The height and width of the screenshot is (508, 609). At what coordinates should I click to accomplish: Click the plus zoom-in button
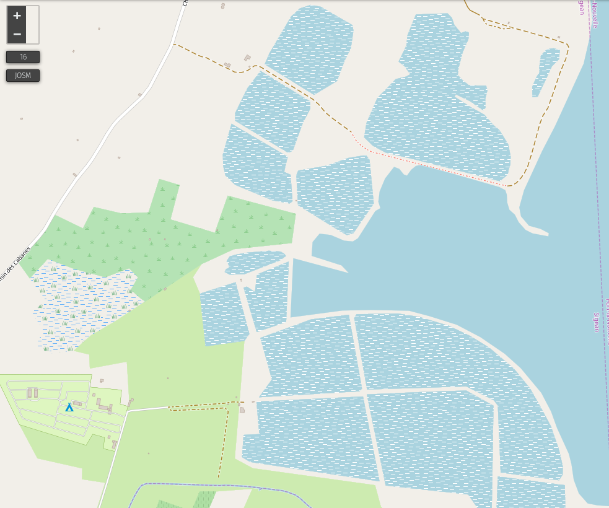point(17,15)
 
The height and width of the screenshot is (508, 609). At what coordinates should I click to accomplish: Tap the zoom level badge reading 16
point(23,57)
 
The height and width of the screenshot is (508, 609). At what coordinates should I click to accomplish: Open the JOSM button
point(23,76)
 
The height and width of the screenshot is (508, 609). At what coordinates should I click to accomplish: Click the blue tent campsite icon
point(69,407)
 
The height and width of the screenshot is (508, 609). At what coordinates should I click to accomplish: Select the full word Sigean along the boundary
point(597,322)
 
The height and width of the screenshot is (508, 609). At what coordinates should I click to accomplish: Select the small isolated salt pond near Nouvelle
point(545,71)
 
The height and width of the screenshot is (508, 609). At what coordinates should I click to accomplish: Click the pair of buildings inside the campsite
point(32,393)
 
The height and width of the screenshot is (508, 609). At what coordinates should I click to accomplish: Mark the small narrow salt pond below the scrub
point(254,262)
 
